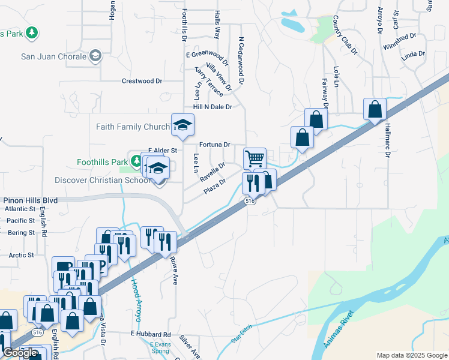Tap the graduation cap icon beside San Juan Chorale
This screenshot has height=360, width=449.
[x=95, y=57]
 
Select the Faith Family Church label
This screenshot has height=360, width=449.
[x=133, y=127]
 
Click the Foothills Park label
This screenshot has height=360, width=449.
[x=102, y=162]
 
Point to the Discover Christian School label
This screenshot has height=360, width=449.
[x=103, y=180]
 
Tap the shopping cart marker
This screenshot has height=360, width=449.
[x=255, y=159]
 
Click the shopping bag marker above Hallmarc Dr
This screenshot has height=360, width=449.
[x=375, y=110]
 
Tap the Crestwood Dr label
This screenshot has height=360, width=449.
[x=142, y=81]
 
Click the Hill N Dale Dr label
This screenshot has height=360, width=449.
[x=212, y=107]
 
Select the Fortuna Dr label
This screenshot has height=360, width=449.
[x=215, y=145]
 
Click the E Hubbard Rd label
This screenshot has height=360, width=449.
[x=151, y=334]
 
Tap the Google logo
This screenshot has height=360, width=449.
[x=20, y=353]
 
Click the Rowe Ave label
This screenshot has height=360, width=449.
[x=175, y=270]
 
